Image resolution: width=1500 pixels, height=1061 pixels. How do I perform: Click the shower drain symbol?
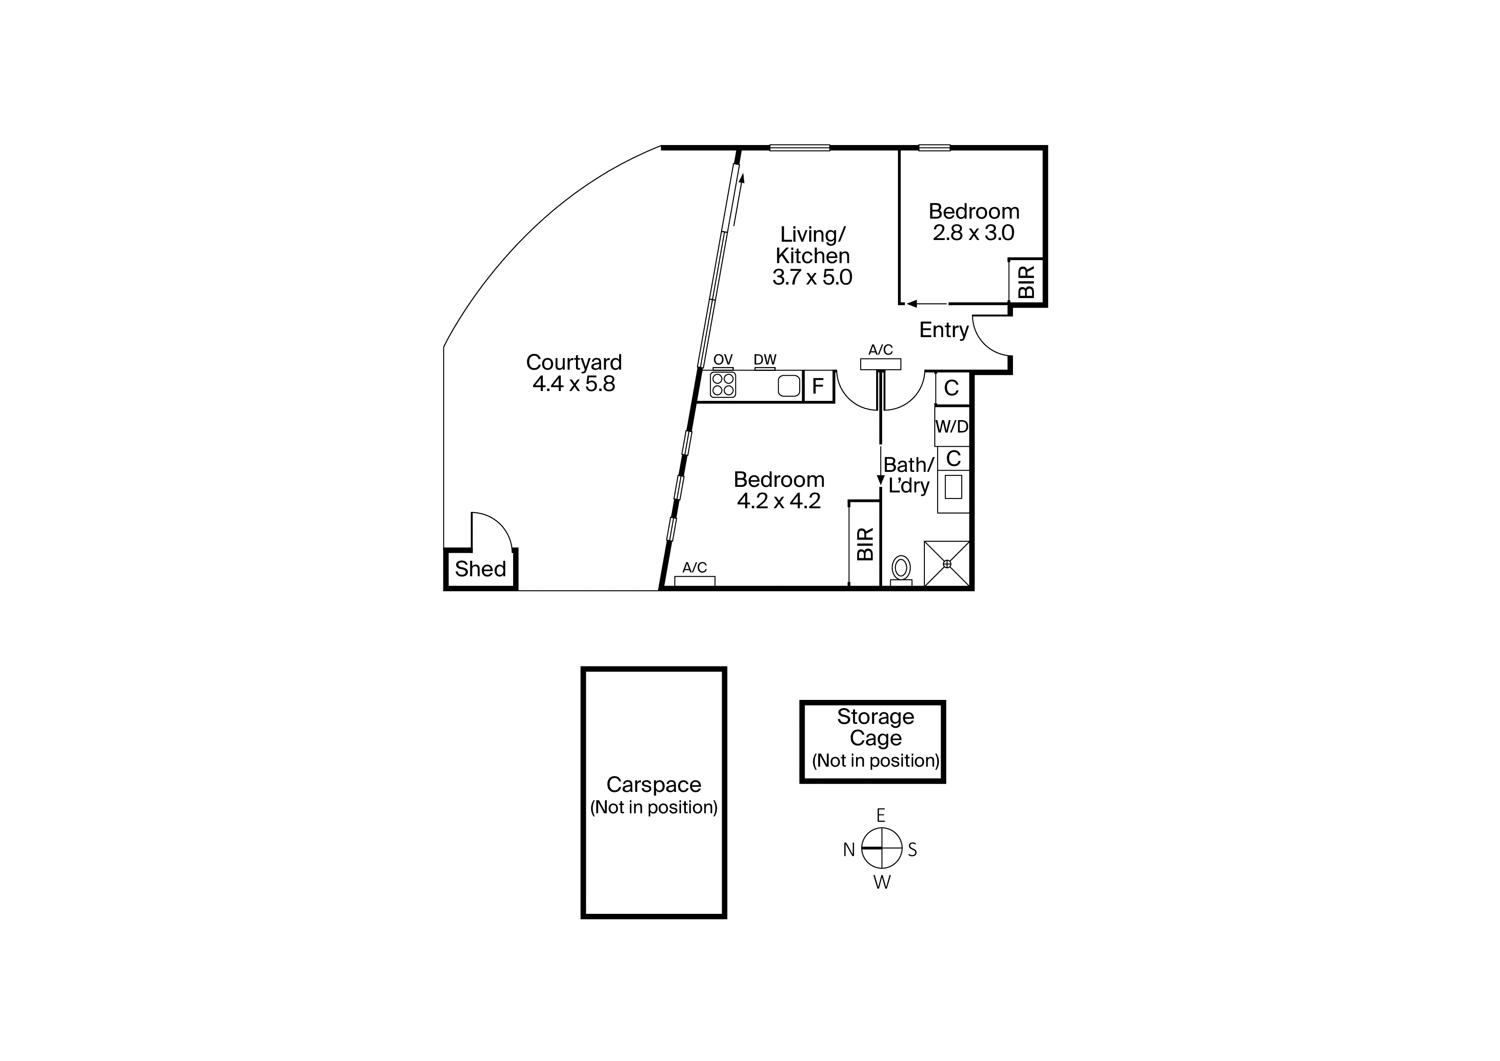pyautogui.click(x=947, y=563)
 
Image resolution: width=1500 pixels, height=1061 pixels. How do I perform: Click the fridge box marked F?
pyautogui.click(x=818, y=386)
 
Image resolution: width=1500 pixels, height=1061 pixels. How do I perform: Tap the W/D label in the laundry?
pyautogui.click(x=952, y=427)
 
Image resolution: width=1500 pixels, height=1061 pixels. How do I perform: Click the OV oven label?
pyautogui.click(x=723, y=359)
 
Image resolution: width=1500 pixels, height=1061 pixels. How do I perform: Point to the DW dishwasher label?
pyautogui.click(x=765, y=359)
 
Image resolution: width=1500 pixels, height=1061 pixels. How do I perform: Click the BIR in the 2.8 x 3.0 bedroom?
pyautogui.click(x=1026, y=282)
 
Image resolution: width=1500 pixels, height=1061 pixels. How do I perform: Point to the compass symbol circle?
pyautogui.click(x=882, y=848)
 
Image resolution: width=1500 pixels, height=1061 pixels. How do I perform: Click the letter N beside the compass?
pyautogui.click(x=849, y=849)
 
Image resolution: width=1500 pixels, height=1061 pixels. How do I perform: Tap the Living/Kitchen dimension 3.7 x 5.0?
pyautogui.click(x=812, y=277)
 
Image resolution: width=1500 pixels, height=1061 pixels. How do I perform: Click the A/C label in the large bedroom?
pyautogui.click(x=694, y=567)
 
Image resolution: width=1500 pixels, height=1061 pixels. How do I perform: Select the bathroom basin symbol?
pyautogui.click(x=953, y=486)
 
